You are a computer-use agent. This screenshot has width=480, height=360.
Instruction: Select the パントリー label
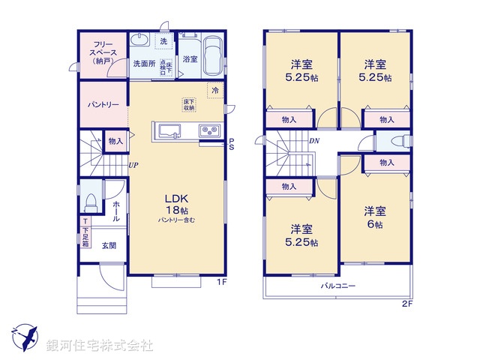click(x=101, y=104)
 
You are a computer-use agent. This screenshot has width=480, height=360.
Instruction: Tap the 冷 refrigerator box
click(x=214, y=90)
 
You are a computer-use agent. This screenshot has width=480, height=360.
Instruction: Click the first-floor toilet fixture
click(x=91, y=200)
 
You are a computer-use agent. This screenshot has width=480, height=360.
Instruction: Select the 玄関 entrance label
click(x=109, y=244)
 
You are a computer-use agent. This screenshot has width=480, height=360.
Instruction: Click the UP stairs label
click(x=133, y=165)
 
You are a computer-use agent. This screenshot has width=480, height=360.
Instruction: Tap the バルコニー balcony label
click(x=338, y=286)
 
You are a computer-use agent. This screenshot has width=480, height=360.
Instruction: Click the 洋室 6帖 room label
click(x=374, y=217)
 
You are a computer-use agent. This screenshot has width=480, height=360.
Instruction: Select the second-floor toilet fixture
click(x=395, y=139)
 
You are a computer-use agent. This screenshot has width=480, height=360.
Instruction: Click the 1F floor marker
click(x=222, y=282)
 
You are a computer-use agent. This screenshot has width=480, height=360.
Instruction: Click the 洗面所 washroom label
click(x=144, y=64)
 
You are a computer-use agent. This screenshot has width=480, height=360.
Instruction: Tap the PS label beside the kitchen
click(x=232, y=144)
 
